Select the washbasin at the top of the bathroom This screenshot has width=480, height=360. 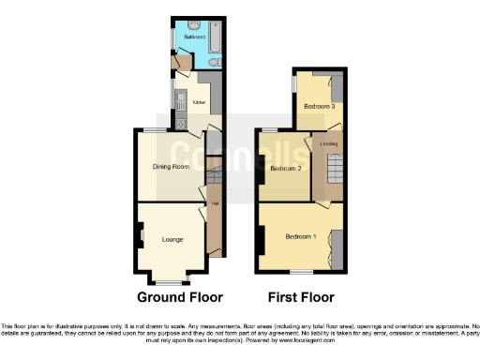coord(191,23)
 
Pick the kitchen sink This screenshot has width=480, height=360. coord(177,98)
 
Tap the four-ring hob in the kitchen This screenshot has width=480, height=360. coord(179,122)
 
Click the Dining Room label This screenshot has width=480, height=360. coord(172,167)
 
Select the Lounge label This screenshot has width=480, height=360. coord(172,240)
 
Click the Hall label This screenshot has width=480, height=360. coord(214,203)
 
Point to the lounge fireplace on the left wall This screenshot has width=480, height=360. coord(140,233)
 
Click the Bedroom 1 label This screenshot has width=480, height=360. coord(301,234)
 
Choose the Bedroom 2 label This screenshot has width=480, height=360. coord(285,169)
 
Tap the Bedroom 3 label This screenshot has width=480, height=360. coord(319,107)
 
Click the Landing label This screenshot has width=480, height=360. coord(328,143)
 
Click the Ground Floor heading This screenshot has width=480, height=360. coord(180,298)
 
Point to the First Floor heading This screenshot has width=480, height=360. coord(301,298)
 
